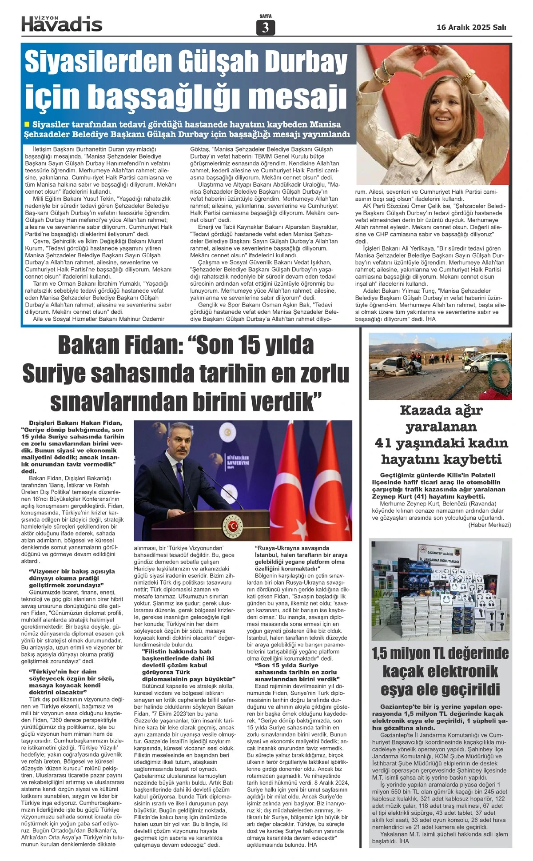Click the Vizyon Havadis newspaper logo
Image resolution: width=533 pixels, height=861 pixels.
(62, 24)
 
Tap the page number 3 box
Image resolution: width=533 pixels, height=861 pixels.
(266, 28)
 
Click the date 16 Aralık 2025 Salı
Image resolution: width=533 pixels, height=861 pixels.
(471, 27)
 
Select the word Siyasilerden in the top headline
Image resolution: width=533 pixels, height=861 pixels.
(100, 62)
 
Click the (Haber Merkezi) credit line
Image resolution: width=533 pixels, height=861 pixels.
(489, 525)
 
